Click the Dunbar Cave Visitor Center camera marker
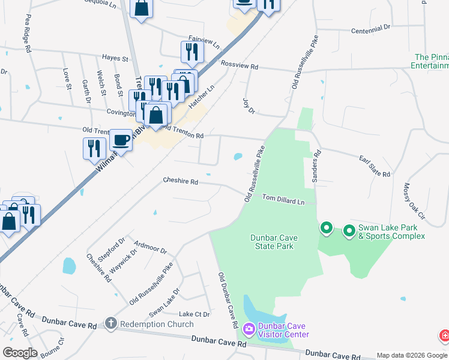[249, 329]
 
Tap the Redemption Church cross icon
[110, 324]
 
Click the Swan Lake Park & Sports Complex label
[391, 232]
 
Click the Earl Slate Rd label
[375, 167]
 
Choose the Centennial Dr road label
[370, 29]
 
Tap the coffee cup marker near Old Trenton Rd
[121, 140]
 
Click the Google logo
[20, 353]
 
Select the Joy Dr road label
[249, 106]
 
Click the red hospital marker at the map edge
[445, 336]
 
